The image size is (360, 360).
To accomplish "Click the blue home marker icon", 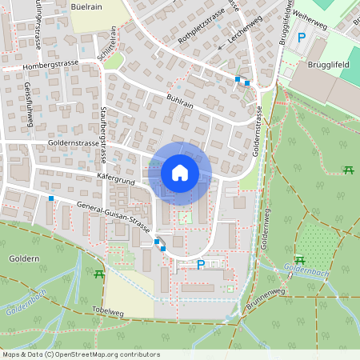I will coord(180,172).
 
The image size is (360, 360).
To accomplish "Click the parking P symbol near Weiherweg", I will coord(302,37).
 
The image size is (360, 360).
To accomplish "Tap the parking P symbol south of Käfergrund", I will coord(201,265).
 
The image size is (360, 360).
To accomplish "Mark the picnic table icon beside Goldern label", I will coord(98,274).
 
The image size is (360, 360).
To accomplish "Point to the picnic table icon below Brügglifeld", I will coord(348,170).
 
